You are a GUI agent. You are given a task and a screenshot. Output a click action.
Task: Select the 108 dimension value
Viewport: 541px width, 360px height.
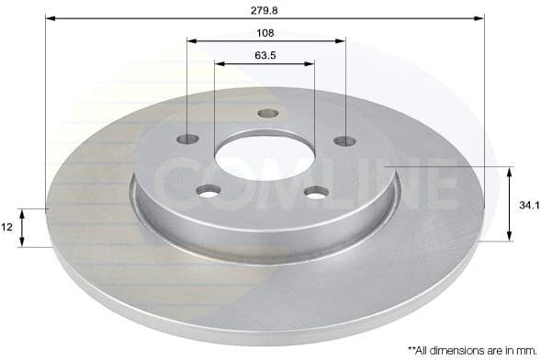266,32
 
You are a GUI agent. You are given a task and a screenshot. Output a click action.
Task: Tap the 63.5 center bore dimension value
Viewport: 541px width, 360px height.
265,55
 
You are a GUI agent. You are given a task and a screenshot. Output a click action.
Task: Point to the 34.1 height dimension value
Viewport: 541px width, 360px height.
528,205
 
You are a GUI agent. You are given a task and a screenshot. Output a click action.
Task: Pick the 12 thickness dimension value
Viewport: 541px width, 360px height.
7,227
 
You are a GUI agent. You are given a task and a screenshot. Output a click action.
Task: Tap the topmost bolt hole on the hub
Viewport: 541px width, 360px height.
267,113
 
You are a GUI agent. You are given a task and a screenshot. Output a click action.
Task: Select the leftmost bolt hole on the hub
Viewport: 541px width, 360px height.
187,139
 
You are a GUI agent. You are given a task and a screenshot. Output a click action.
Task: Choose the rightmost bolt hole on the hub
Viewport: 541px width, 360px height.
345,141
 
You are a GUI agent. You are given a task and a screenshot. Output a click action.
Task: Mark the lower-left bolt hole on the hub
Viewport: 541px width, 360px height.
209,191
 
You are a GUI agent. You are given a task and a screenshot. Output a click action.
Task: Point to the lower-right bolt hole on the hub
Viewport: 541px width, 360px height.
317,192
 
